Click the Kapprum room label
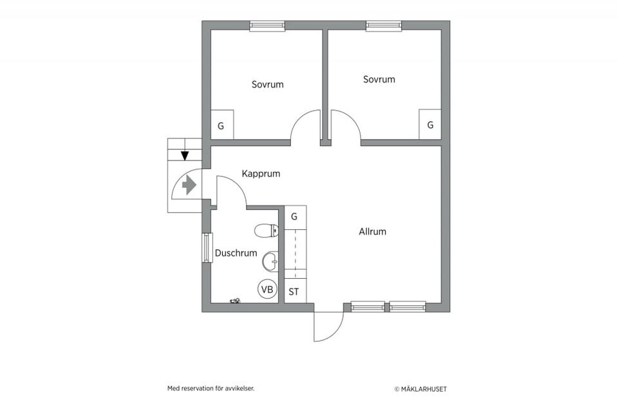[x=261, y=174]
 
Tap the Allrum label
[x=373, y=232]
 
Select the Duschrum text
[x=236, y=253]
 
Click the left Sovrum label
[x=268, y=84]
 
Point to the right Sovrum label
[x=379, y=79]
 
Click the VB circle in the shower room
[x=267, y=290]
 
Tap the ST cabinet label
[x=294, y=292]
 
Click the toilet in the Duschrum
[x=267, y=231]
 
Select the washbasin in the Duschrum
[x=270, y=261]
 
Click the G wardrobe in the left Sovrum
[x=222, y=125]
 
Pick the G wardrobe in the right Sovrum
[x=430, y=124]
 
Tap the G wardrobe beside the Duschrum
[x=295, y=217]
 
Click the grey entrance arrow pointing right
[x=189, y=185]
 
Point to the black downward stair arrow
[x=185, y=155]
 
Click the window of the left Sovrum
[x=267, y=26]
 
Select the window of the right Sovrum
[x=384, y=26]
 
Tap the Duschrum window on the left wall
[x=207, y=248]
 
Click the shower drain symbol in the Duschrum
[x=235, y=301]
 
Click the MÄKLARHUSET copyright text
[x=421, y=389]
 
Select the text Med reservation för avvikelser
[x=211, y=388]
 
